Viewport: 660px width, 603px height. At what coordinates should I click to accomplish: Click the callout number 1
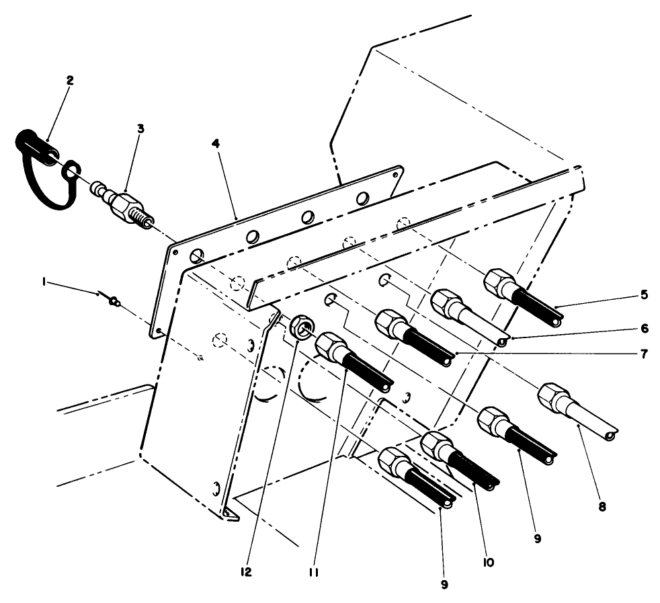pos(44,284)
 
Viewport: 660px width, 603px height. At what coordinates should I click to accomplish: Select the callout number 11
pos(314,572)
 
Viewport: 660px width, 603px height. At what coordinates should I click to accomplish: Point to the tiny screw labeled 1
pos(114,301)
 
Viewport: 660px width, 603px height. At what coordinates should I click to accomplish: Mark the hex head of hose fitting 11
pos(329,346)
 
